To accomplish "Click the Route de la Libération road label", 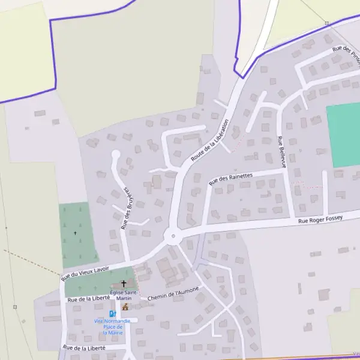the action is click(210, 140).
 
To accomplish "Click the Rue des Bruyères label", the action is click(127, 208).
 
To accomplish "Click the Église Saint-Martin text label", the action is click(124, 295).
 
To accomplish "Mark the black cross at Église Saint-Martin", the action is click(124, 283).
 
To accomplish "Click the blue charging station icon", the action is click(112, 314).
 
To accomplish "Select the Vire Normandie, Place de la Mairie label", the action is click(112, 326).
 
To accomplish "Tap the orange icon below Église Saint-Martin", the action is click(125, 307).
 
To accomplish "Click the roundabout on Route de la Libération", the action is click(173, 236).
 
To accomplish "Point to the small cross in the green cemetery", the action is click(76, 233).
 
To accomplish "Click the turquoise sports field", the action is click(344, 135).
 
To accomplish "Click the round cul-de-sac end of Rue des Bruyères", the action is click(116, 155).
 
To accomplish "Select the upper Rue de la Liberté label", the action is click(89, 298).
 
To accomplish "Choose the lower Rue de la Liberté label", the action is click(84, 347).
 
